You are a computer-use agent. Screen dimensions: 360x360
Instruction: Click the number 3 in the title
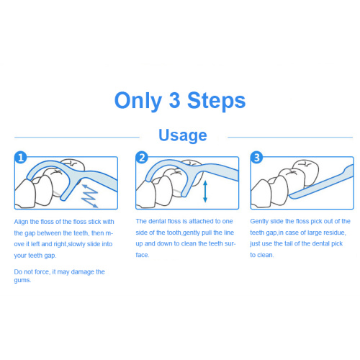click(x=174, y=99)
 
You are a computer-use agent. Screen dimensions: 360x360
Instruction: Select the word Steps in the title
click(x=216, y=102)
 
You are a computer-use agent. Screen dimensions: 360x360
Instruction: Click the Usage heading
click(x=183, y=135)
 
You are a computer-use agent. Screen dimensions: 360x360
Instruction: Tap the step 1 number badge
click(x=21, y=158)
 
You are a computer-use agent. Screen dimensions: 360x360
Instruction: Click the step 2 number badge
click(x=142, y=158)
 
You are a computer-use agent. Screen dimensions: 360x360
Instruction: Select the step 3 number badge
click(x=256, y=158)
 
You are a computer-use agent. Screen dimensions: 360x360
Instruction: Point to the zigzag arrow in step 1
click(x=89, y=196)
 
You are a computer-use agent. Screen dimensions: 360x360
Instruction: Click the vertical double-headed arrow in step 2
click(x=205, y=192)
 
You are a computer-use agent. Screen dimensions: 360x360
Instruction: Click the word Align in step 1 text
click(x=21, y=222)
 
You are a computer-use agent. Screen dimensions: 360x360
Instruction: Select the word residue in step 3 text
click(x=335, y=233)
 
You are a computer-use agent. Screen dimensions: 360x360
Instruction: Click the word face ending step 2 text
click(x=142, y=255)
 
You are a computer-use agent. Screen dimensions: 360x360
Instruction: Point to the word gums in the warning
click(x=22, y=280)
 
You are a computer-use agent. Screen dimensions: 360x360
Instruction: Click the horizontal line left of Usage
click(x=77, y=138)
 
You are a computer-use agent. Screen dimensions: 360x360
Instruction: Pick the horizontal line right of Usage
click(x=290, y=138)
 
